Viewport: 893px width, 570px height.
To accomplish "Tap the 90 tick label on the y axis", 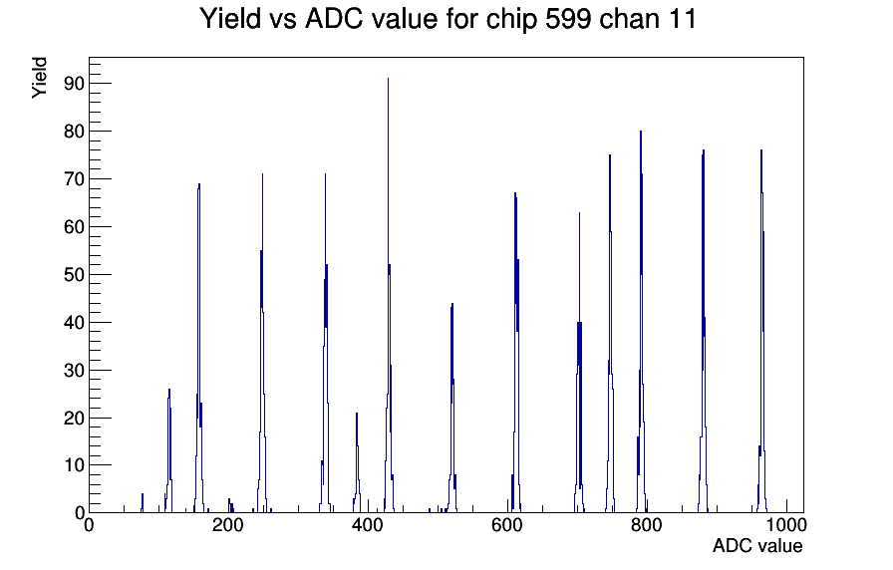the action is click(74, 84).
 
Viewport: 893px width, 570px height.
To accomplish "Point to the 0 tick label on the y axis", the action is click(79, 513).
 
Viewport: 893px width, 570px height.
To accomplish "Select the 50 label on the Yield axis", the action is click(74, 275).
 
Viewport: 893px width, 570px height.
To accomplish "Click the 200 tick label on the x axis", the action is click(228, 525).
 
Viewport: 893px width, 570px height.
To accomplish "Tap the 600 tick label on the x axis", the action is click(507, 525).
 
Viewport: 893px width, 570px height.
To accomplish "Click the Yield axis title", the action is click(39, 78).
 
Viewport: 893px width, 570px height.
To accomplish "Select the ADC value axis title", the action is click(757, 546).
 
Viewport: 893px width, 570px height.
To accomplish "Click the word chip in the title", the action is click(511, 20).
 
